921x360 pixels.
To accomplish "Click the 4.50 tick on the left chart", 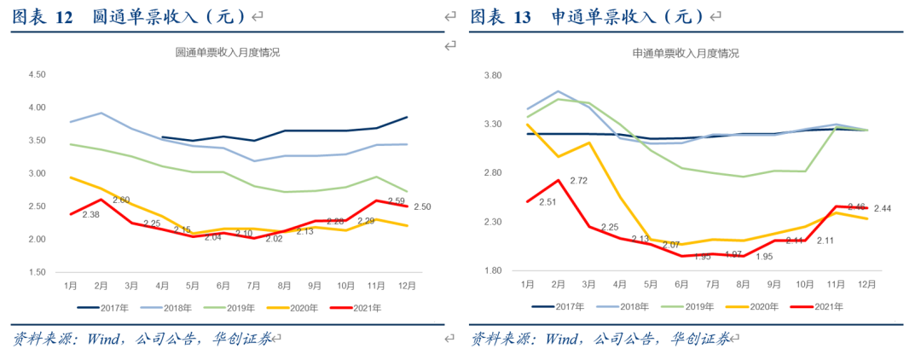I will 37,75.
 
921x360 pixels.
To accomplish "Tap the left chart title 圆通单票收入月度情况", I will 227,53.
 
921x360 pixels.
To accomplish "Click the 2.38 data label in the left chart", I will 92,215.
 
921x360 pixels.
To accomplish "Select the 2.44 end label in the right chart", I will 882,209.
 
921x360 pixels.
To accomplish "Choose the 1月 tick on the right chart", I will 529,283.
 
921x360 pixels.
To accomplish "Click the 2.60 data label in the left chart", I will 120,200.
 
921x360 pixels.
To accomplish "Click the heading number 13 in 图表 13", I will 522,16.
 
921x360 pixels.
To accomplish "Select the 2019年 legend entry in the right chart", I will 692,306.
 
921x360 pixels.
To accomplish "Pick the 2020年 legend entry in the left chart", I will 303,308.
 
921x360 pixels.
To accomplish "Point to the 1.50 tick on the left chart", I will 37,272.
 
